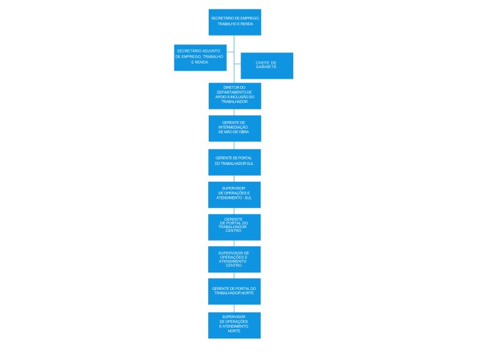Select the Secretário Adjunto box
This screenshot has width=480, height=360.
200,57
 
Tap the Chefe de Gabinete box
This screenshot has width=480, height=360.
267,66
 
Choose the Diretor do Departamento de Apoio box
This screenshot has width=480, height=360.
234,96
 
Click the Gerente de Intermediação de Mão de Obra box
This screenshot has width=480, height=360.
234,128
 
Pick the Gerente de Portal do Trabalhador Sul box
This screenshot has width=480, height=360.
234,162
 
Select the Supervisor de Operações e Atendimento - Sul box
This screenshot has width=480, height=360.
234,194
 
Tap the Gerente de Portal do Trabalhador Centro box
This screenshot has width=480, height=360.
234,227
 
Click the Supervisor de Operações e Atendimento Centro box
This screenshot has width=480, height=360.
234,259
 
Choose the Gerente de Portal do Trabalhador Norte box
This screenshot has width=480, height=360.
234,291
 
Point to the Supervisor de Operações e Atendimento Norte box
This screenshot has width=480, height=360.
234,325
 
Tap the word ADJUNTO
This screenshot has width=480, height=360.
209,50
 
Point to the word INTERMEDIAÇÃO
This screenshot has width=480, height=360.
234,127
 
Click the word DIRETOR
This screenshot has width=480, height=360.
230,87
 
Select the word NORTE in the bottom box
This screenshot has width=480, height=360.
234,331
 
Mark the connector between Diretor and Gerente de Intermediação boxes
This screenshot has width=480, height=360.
234,112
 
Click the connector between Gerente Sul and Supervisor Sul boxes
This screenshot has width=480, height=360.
234,178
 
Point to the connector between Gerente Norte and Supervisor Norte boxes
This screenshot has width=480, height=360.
234,308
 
